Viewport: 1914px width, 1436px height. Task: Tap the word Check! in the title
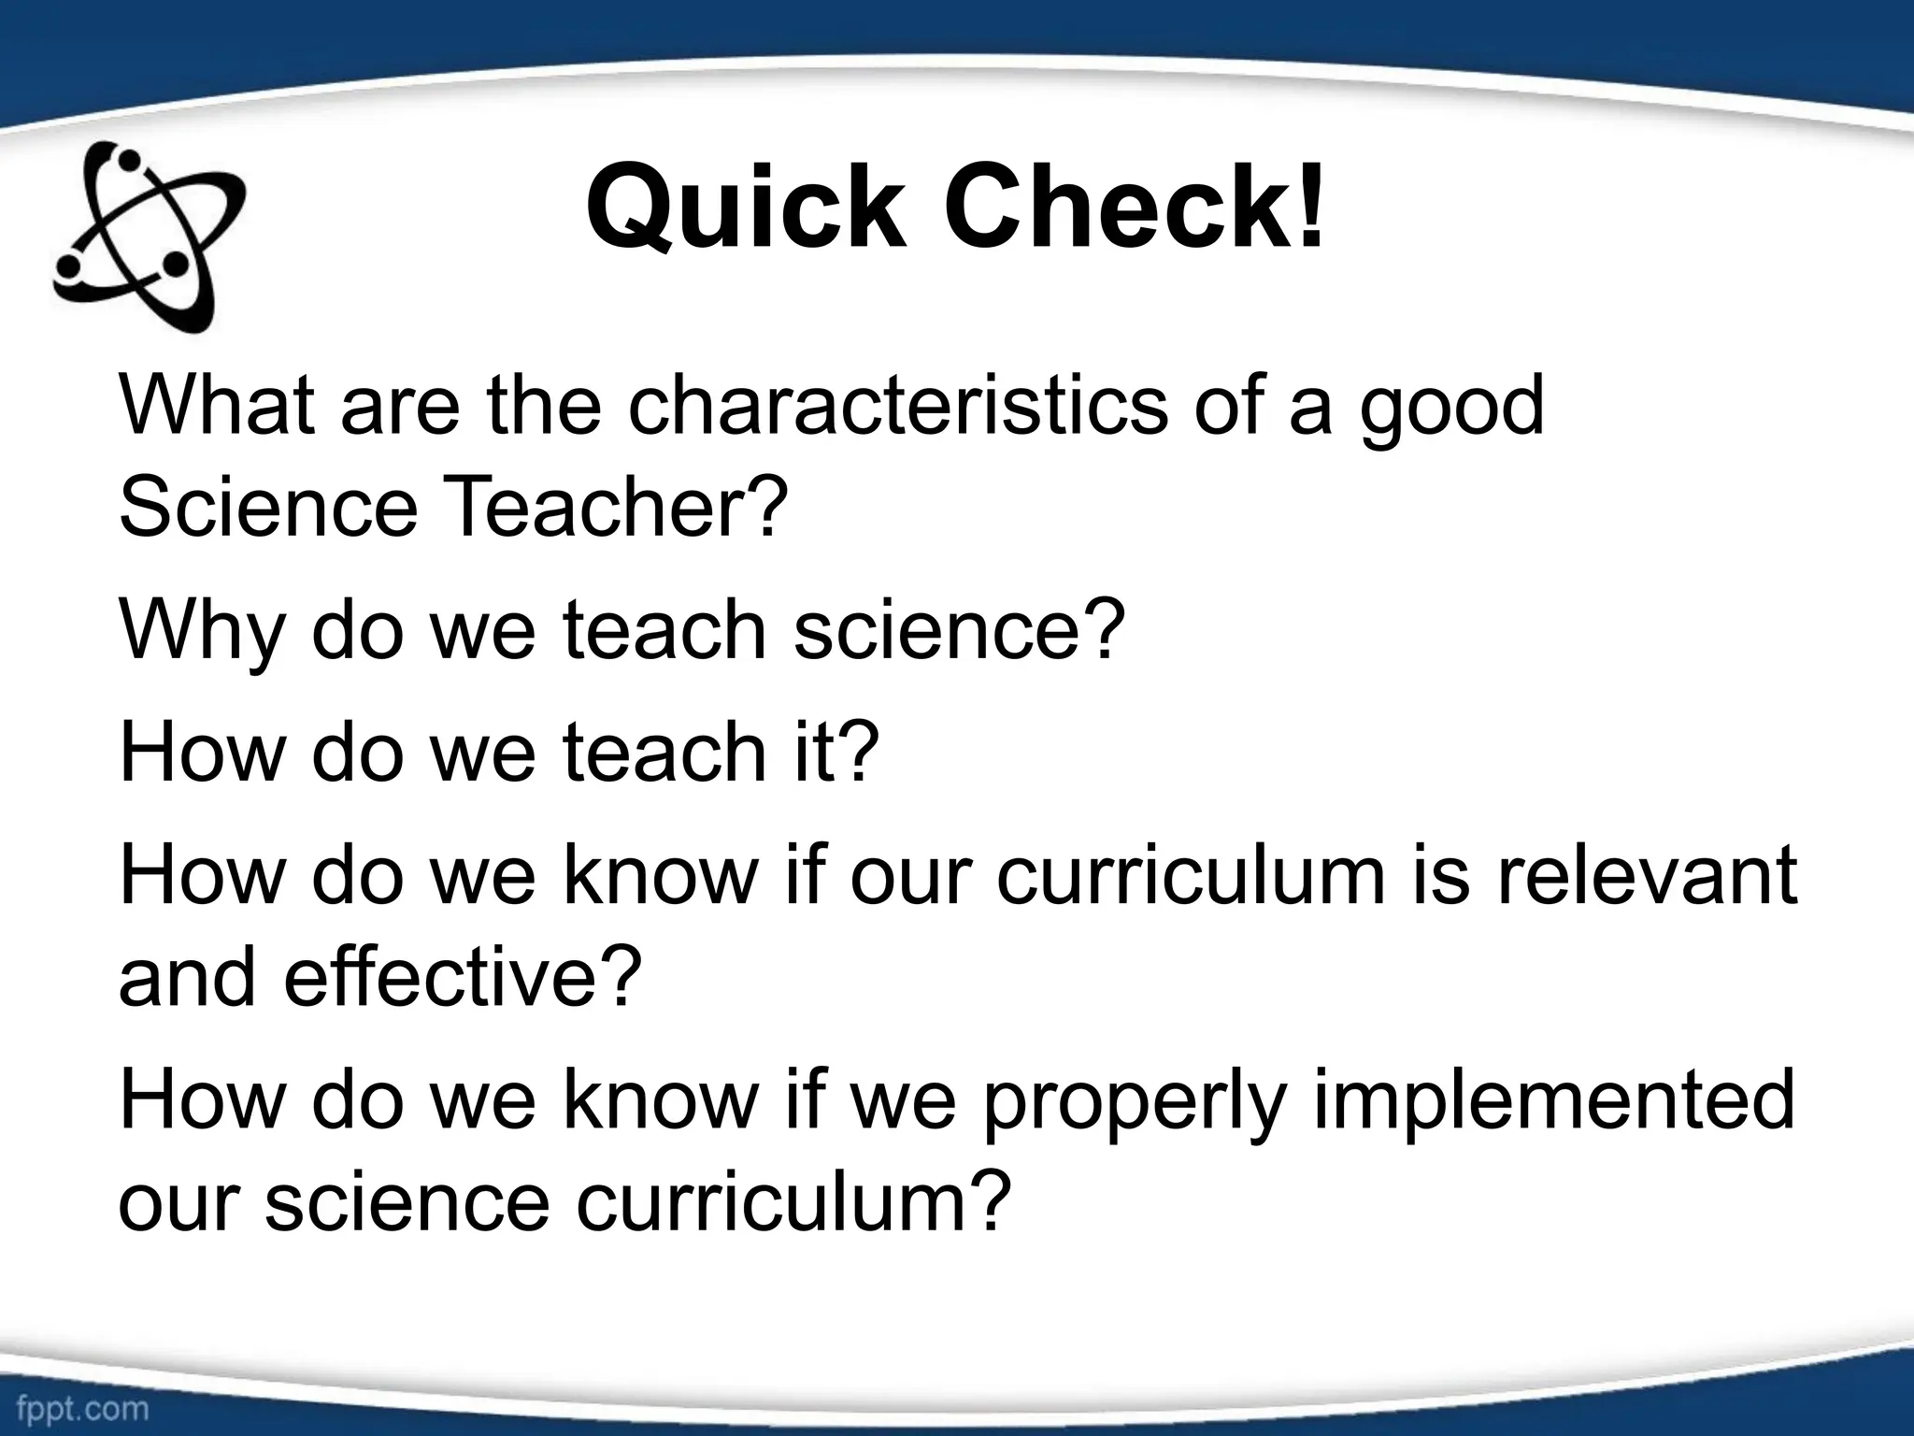[x=1135, y=208]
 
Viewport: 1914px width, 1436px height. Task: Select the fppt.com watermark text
[x=82, y=1409]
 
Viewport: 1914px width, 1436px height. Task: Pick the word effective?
[x=464, y=976]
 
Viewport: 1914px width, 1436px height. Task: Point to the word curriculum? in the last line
[x=794, y=1202]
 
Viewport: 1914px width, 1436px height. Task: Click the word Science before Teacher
[x=267, y=509]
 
